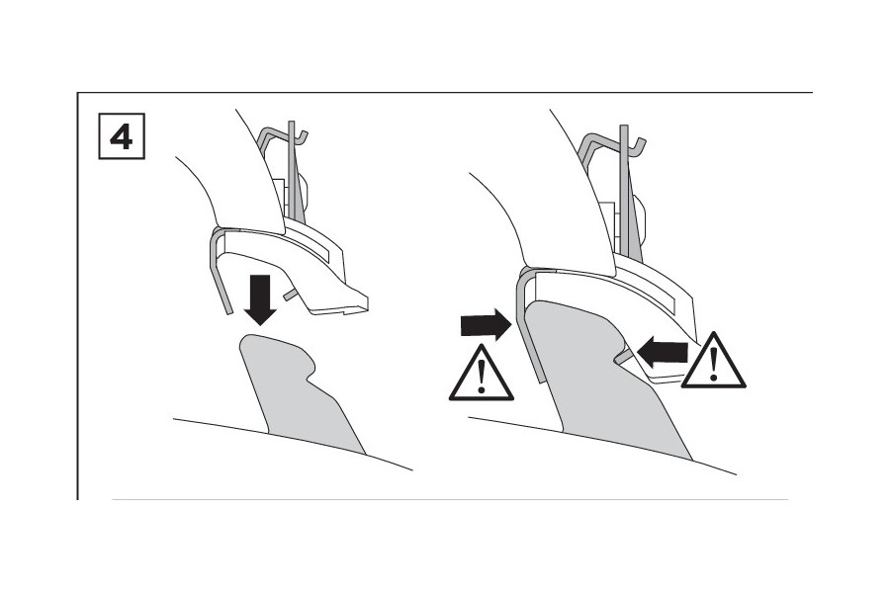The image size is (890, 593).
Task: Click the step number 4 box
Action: (x=122, y=136)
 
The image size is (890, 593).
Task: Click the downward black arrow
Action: (x=260, y=300)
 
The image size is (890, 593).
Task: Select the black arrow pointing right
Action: (x=486, y=324)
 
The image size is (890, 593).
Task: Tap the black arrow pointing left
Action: (x=663, y=350)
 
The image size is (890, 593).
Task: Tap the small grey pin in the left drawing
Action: (x=291, y=294)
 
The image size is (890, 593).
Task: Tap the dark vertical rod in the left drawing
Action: (x=293, y=170)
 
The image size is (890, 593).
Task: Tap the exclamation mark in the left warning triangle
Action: (x=482, y=377)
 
